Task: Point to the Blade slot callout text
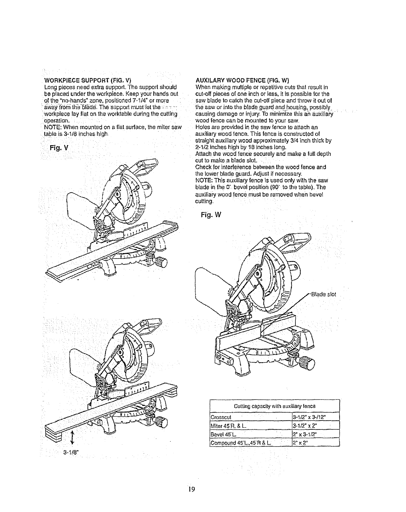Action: click(x=323, y=294)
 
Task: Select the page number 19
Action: click(x=191, y=489)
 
